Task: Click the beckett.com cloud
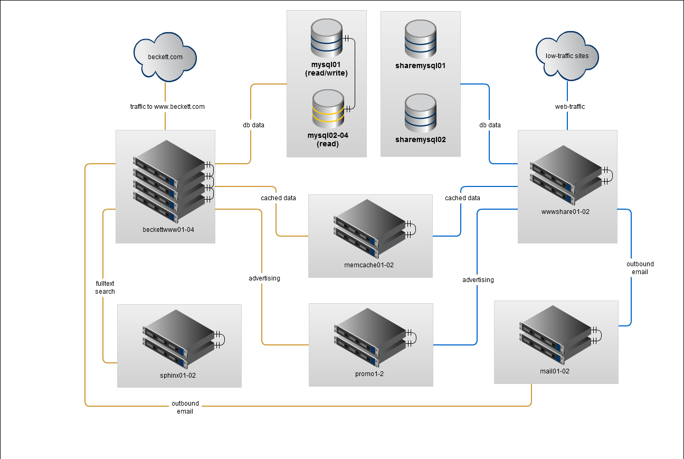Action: pyautogui.click(x=165, y=56)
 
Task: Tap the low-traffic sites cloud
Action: pyautogui.click(x=567, y=56)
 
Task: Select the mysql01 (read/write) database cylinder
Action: pyautogui.click(x=327, y=38)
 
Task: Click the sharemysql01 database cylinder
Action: pyautogui.click(x=421, y=40)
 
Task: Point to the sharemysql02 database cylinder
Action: pyautogui.click(x=421, y=113)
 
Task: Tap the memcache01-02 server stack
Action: pyautogui.click(x=369, y=228)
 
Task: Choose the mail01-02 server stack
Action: pyautogui.click(x=556, y=335)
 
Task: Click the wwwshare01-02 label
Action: pyautogui.click(x=567, y=212)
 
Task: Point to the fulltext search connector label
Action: pyautogui.click(x=105, y=287)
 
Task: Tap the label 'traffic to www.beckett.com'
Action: pyautogui.click(x=167, y=107)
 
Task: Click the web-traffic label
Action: pyautogui.click(x=570, y=107)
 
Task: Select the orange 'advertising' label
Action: pyautogui.click(x=264, y=278)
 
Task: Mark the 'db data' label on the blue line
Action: pyautogui.click(x=490, y=125)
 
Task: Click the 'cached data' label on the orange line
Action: pyautogui.click(x=278, y=198)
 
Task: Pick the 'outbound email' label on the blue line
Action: pyautogui.click(x=640, y=268)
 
